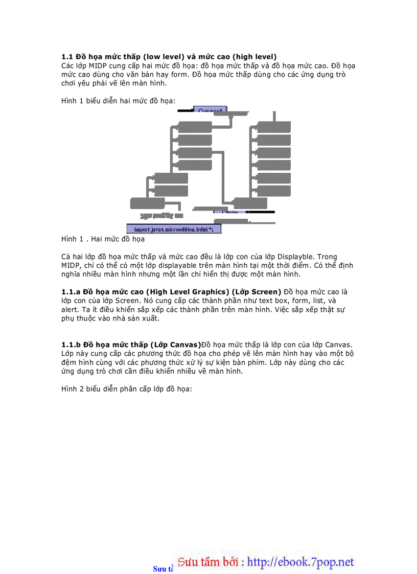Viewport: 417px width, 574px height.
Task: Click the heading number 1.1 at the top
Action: click(x=67, y=56)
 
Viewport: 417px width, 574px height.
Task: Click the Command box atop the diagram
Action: click(x=210, y=110)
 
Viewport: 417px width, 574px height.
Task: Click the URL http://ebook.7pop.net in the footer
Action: click(x=300, y=562)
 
